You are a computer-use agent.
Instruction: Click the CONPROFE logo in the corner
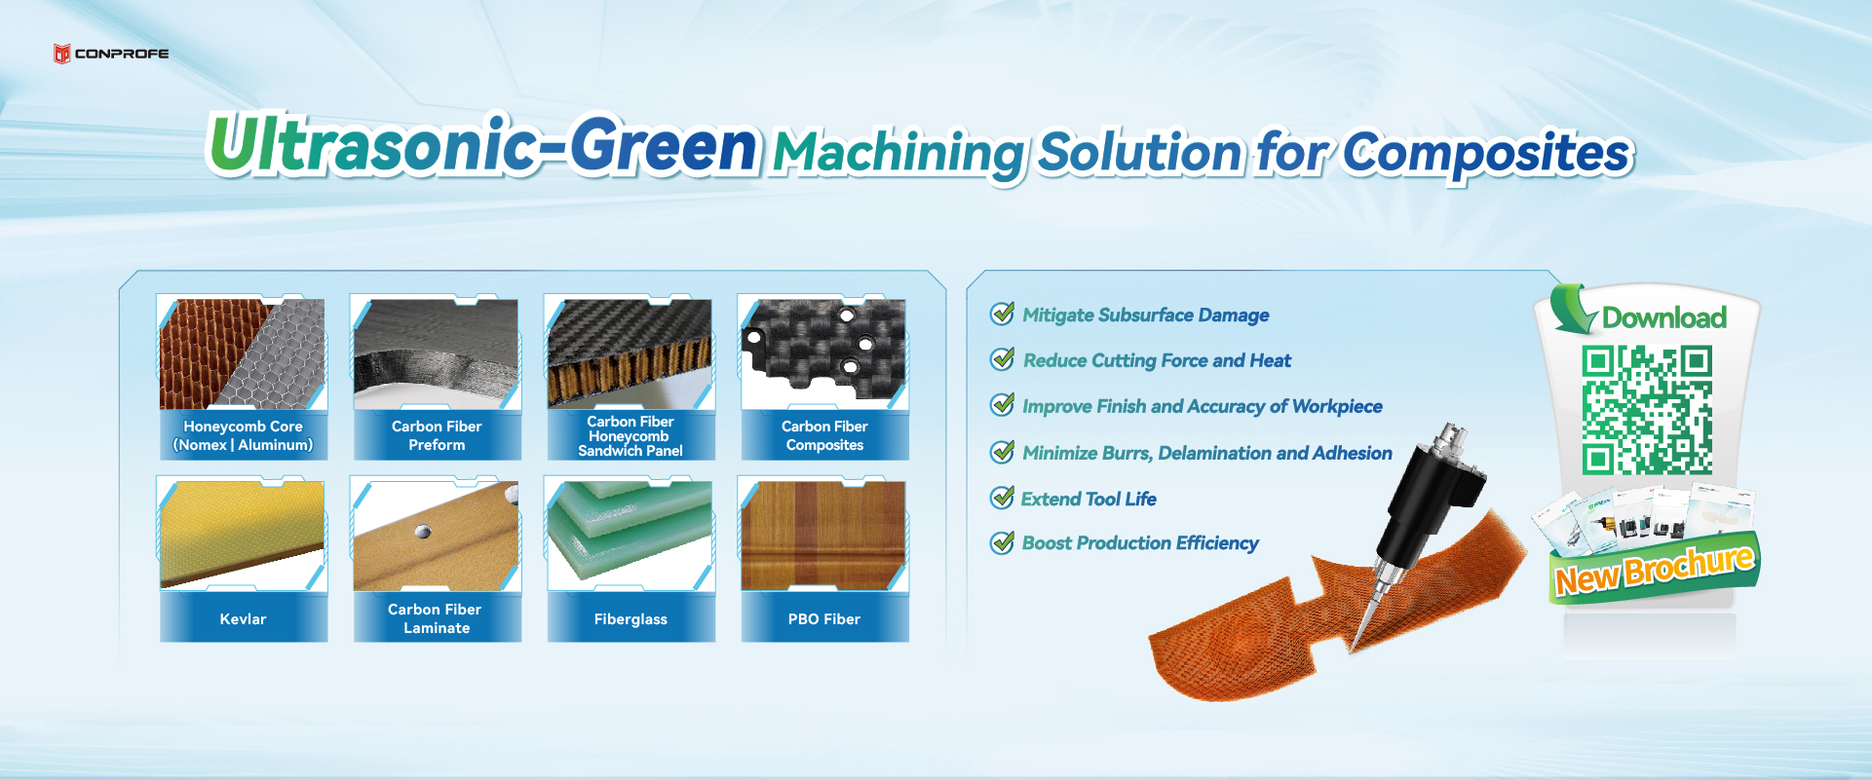[x=110, y=54]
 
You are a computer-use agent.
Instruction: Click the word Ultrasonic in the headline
[x=370, y=146]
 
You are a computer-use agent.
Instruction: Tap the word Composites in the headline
[x=1486, y=154]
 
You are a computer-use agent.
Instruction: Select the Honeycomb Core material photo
[x=243, y=353]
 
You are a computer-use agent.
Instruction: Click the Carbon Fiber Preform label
[x=437, y=435]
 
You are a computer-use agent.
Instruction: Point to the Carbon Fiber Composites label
[x=824, y=435]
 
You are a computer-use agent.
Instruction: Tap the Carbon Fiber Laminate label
[x=437, y=618]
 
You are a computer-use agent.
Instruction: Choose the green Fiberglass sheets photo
[x=630, y=535]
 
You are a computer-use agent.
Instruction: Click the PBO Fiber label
[x=824, y=619]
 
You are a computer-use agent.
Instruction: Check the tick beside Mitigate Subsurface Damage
[x=1002, y=314]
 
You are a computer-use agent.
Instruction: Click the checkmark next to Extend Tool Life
[x=1002, y=498]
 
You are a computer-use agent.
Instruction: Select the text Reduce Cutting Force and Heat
[x=1157, y=360]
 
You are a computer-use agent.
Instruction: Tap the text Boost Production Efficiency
[x=1140, y=543]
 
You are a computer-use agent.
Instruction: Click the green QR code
[x=1647, y=410]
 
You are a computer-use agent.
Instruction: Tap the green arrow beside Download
[x=1572, y=309]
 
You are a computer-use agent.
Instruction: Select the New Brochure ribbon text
[x=1654, y=571]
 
